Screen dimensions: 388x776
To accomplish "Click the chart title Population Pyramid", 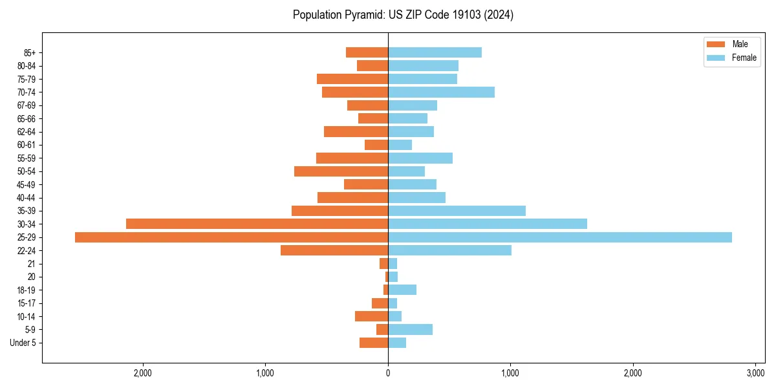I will [x=403, y=15].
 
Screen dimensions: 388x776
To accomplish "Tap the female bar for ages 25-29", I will [x=559, y=237].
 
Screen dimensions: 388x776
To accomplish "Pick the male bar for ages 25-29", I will [x=232, y=237].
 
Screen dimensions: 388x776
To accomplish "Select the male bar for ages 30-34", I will [x=257, y=224].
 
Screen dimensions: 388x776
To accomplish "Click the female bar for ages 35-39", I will [x=457, y=211].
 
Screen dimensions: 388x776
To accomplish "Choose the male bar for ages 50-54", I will [x=341, y=171].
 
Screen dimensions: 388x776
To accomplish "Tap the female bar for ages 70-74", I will [x=441, y=92].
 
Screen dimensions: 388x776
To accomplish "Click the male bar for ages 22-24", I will [x=334, y=250].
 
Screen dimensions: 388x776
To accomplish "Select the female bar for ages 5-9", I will [x=410, y=329].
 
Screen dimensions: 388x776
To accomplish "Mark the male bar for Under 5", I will [x=374, y=343].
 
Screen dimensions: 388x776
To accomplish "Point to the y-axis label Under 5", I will [x=23, y=343].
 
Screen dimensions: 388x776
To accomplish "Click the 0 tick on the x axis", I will [x=388, y=372].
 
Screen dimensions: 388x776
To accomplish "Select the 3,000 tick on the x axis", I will [x=755, y=372].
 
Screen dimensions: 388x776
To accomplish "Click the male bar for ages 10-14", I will [x=371, y=316].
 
